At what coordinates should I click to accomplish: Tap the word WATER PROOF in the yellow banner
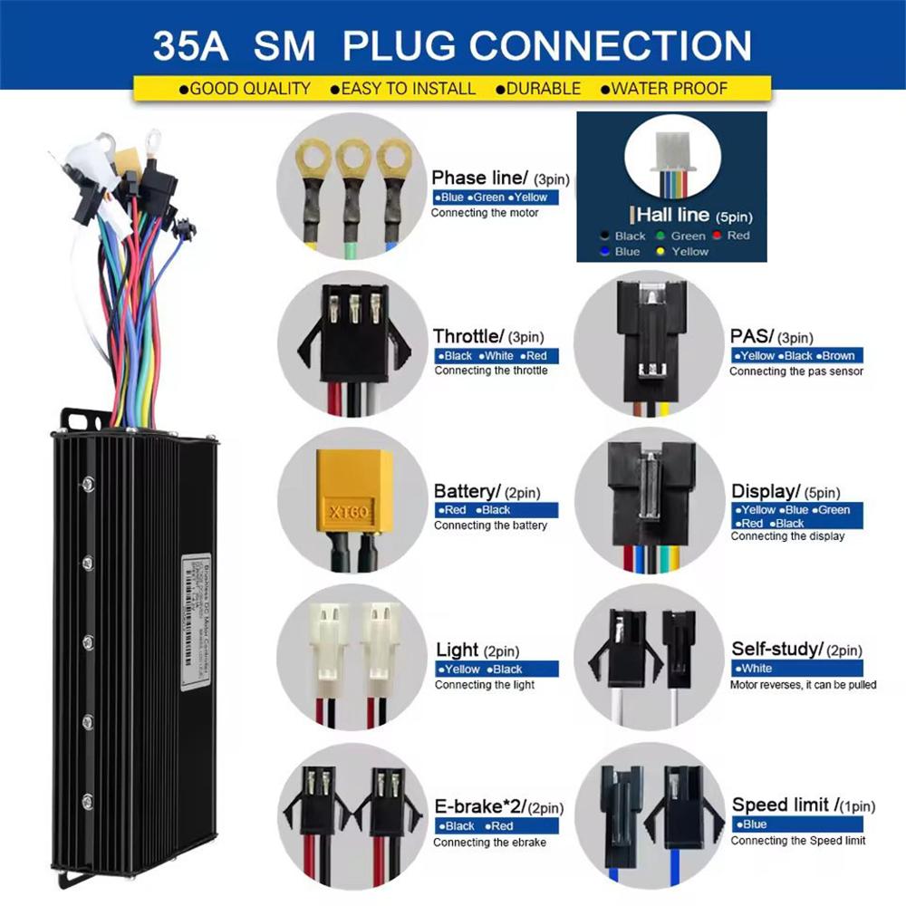pos(670,89)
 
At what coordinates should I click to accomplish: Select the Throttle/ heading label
pos(466,337)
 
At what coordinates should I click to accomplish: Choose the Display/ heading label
pos(765,492)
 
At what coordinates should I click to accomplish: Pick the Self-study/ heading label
pos(776,649)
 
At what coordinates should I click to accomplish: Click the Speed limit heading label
pos(780,805)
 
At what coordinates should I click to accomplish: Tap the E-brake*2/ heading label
pos(480,806)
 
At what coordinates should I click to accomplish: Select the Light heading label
pos(457,650)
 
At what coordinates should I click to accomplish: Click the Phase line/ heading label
pos(479,178)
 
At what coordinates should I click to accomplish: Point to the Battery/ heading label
pos(466,492)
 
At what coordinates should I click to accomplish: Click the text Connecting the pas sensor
pos(796,371)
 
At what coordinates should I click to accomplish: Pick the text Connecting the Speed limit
pos(797,841)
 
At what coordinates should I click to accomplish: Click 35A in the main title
pos(189,44)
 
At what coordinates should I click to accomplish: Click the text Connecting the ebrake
pos(489,843)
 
